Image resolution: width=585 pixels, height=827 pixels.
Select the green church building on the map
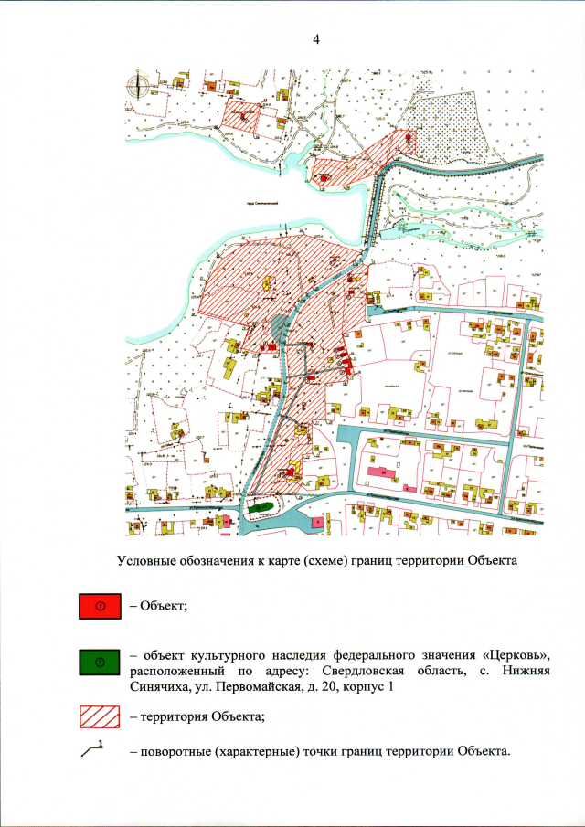[x=261, y=505]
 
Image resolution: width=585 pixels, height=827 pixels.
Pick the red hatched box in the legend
[x=102, y=716]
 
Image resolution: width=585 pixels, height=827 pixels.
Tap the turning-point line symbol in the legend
[x=95, y=748]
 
